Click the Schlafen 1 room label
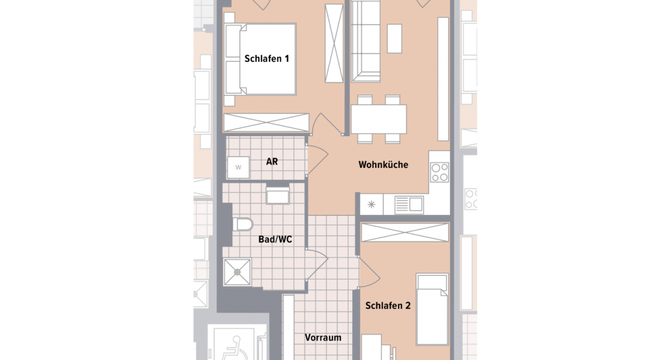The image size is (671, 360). (x=267, y=59)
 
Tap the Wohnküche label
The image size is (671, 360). (x=383, y=164)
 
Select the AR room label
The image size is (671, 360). (x=272, y=162)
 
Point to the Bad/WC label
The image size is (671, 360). (x=275, y=239)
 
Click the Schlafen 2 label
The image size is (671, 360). (x=388, y=305)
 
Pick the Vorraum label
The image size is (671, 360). (x=323, y=337)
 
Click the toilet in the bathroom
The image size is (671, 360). (x=242, y=225)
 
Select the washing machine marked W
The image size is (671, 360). (x=238, y=167)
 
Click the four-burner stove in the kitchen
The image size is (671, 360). (x=439, y=172)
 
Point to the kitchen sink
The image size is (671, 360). (x=409, y=205)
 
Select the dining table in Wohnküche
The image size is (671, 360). (x=379, y=119)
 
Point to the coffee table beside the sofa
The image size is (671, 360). (x=394, y=38)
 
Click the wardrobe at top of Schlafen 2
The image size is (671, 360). (x=406, y=232)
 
